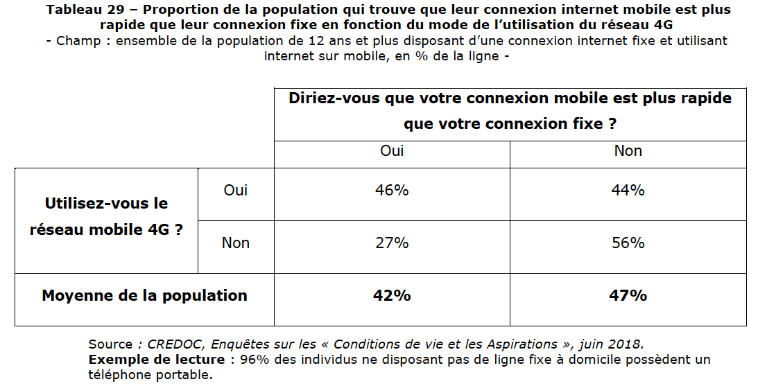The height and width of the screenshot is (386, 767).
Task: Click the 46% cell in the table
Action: point(392,190)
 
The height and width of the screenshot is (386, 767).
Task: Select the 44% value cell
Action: point(628,190)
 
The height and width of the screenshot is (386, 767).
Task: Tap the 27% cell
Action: point(392,243)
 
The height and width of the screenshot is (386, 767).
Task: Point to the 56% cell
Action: point(628,243)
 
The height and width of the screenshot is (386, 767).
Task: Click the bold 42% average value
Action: point(392,295)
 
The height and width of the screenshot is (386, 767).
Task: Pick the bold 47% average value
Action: point(628,295)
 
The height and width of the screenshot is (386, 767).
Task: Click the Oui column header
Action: point(392,150)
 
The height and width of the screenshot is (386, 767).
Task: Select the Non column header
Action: point(628,150)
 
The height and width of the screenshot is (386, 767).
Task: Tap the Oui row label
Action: point(236,190)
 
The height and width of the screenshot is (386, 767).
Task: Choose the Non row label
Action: point(236,243)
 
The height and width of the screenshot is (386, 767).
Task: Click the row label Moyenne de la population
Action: point(144,295)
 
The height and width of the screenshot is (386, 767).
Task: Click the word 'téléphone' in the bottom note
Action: point(117,375)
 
